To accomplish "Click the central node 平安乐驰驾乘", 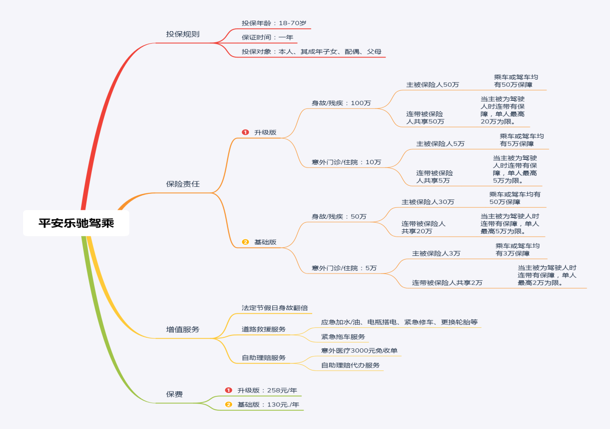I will click(76, 223).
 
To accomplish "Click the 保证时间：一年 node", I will click(267, 37).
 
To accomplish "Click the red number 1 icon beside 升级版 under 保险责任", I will click(245, 132).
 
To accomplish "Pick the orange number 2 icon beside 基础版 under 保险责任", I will click(245, 242).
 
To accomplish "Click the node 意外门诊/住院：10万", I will click(346, 162).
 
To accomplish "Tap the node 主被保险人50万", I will click(432, 85).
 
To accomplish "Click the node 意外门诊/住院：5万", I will click(344, 268).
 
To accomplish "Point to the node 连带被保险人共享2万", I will click(447, 283).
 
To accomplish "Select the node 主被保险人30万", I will click(427, 202).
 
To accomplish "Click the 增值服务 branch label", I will click(183, 330).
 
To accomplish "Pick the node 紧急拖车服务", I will click(343, 337).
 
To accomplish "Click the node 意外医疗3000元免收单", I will click(359, 351).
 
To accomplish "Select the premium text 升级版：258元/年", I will click(267, 391).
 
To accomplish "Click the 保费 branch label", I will click(174, 394).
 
